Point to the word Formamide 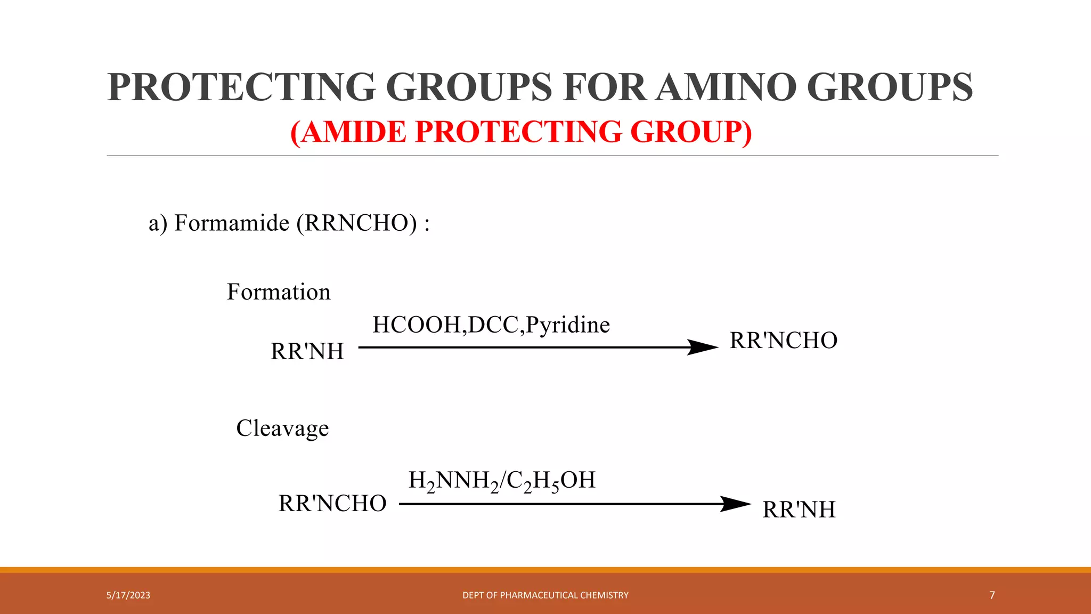(232, 223)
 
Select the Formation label (279, 292)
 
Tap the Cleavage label (282, 428)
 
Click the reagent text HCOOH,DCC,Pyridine (491, 325)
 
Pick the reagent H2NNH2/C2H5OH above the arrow (502, 481)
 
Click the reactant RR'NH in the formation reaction (307, 351)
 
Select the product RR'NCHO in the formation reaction (783, 341)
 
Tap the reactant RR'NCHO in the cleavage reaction (332, 504)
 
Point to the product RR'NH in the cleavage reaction (799, 510)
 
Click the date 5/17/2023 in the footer (128, 595)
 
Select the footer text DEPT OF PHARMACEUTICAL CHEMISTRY (545, 595)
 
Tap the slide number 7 (992, 595)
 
